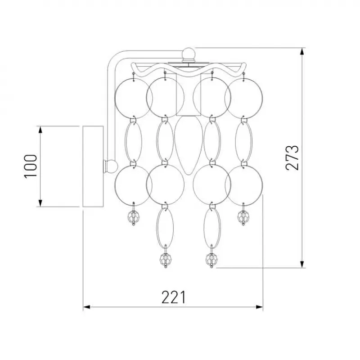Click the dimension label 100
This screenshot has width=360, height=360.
point(31,166)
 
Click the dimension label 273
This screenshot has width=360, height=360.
point(292,158)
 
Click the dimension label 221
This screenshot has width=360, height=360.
point(173,297)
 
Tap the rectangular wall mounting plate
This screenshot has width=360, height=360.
point(93,166)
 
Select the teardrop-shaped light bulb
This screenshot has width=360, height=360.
point(189,144)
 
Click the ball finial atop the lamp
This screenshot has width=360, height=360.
point(189,54)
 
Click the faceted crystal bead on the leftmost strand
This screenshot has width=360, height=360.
point(133,217)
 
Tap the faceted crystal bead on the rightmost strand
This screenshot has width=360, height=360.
point(243,216)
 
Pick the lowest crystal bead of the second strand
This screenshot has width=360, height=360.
point(165,260)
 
